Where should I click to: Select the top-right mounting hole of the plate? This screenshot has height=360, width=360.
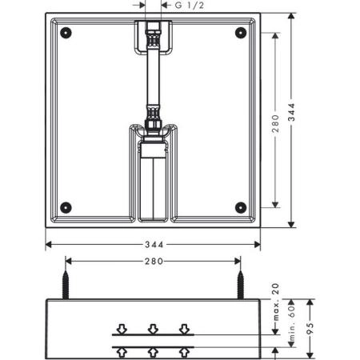pos(239,34)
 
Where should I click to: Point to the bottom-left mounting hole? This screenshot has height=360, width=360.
pos(66,207)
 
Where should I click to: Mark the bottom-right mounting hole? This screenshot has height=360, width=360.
pos(239,207)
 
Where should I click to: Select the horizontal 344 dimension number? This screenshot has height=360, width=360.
pos(153,245)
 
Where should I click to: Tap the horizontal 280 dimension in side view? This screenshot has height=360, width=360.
pos(153,261)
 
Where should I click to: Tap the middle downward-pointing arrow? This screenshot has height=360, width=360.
pos(153,328)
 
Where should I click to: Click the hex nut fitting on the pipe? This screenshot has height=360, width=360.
pos(153,124)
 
